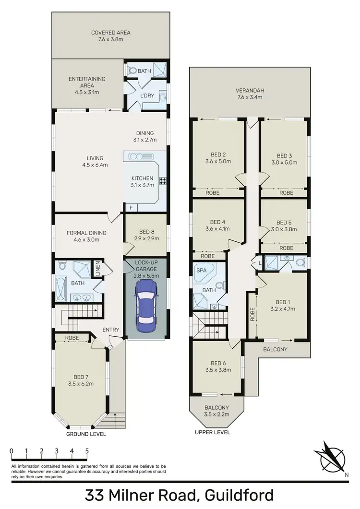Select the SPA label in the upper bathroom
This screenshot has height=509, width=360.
201,271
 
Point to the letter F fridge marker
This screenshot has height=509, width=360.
131,207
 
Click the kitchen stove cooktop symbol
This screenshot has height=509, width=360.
164,181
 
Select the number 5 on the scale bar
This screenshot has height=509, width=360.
87,451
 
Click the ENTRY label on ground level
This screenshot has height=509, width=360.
111,330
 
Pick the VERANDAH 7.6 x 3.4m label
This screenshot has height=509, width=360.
248,94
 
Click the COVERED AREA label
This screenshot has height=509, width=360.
111,36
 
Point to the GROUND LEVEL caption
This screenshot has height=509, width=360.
87,434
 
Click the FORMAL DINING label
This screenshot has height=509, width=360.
86,236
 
